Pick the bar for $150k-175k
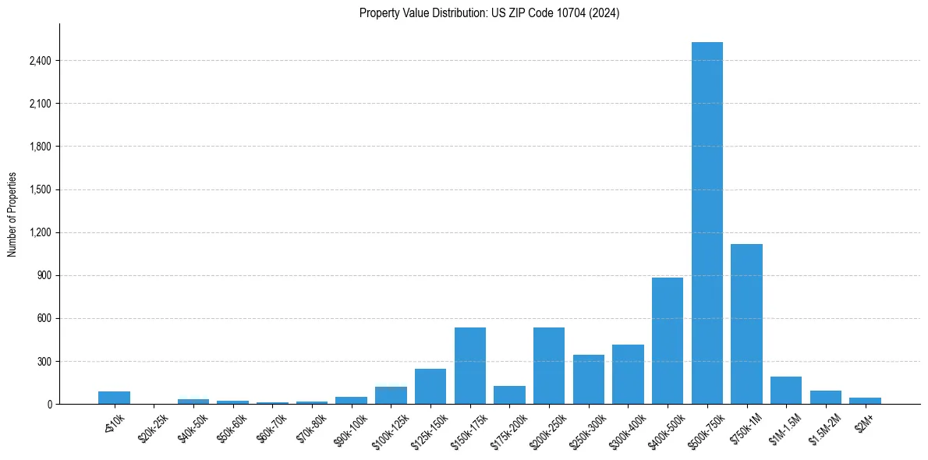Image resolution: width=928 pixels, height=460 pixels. point(470,366)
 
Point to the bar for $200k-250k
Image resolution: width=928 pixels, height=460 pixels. point(549,366)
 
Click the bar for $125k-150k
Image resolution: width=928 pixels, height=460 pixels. point(430,386)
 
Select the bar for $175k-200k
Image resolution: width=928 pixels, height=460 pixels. point(509,395)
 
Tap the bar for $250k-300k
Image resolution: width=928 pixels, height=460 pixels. point(589,379)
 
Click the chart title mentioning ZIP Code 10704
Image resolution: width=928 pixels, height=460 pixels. point(489,13)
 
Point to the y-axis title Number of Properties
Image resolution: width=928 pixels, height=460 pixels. point(12,214)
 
